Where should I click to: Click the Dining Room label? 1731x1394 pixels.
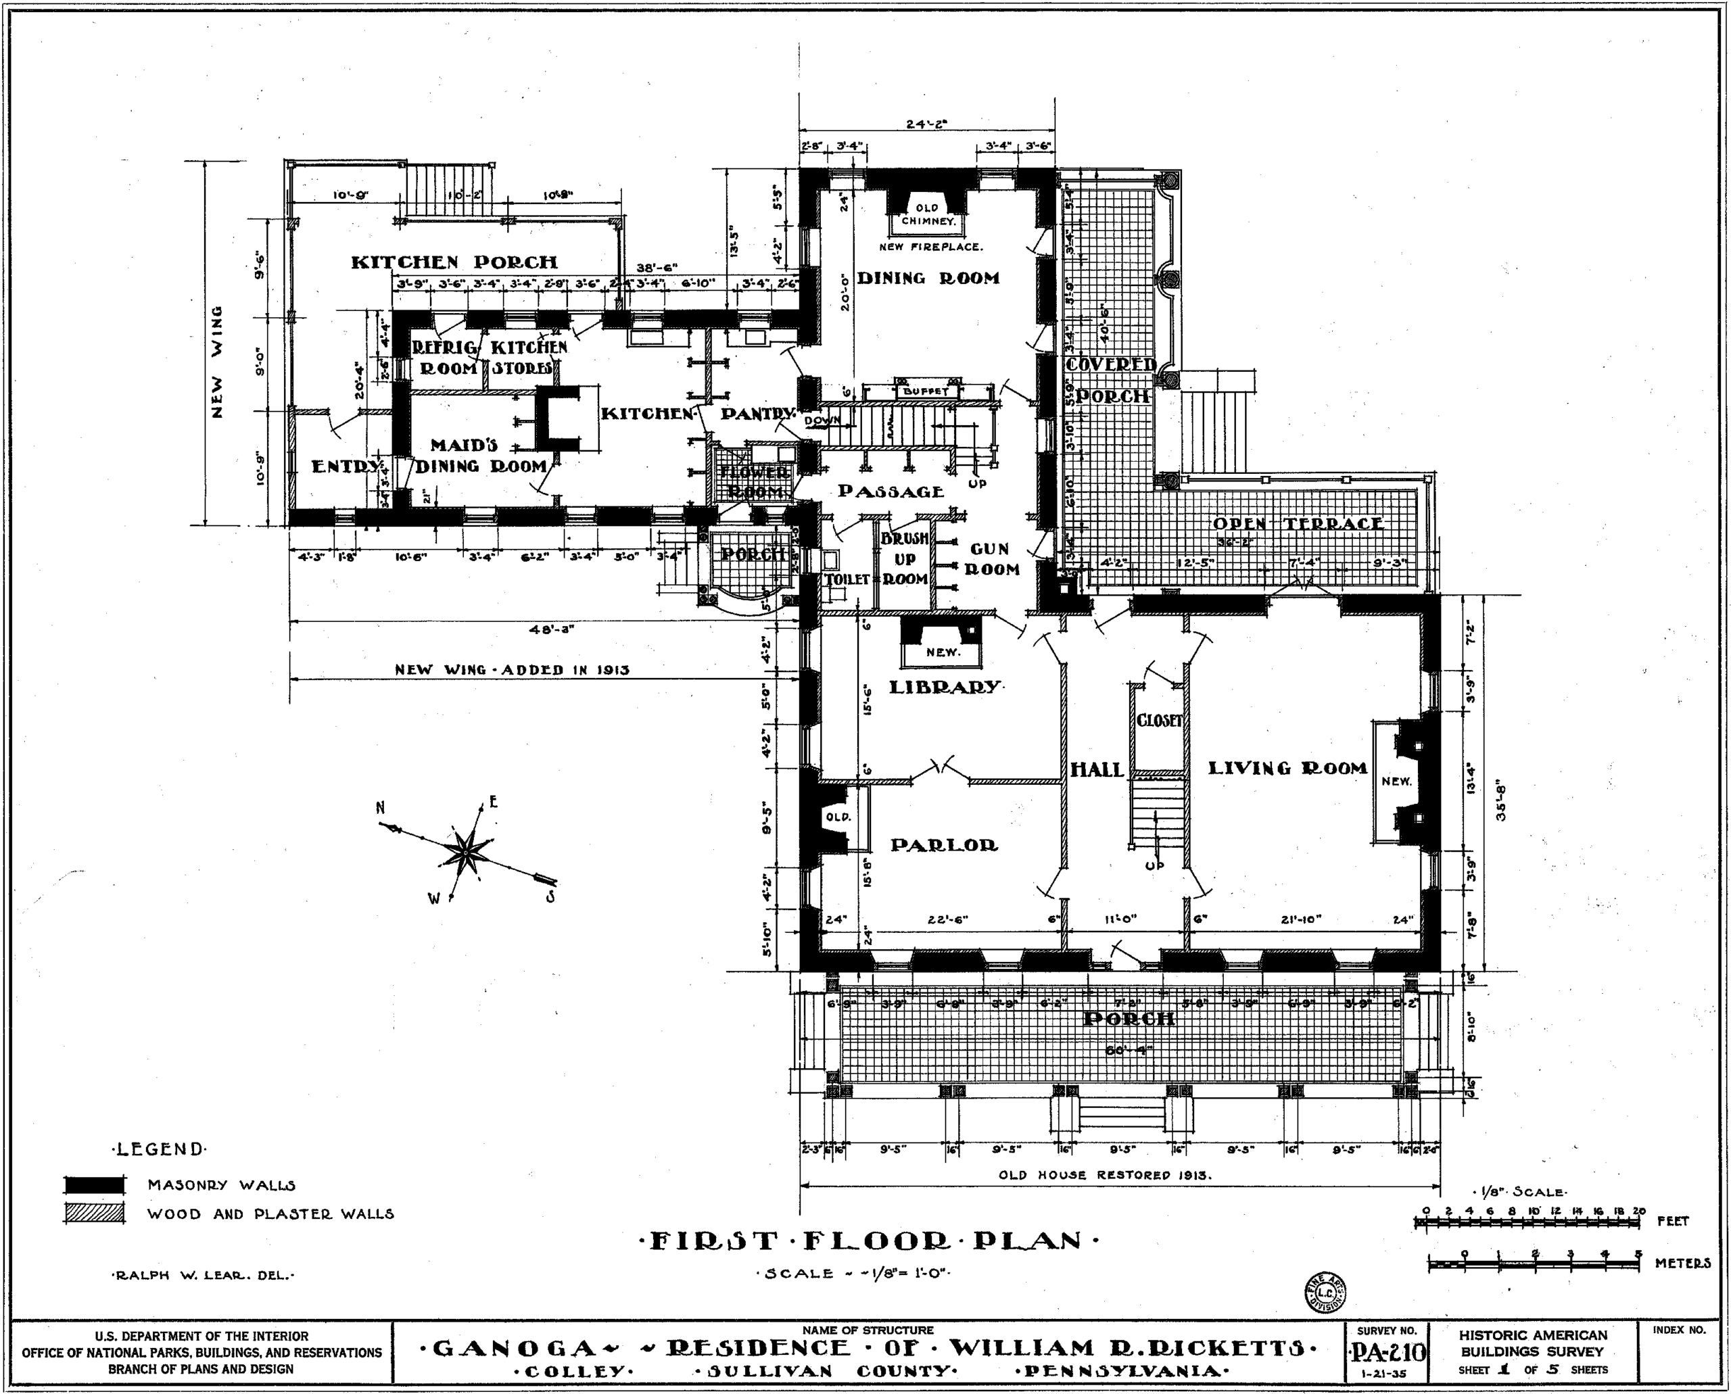[x=928, y=279]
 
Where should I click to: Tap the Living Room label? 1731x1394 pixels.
[x=1287, y=769]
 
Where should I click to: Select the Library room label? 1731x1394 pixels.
[x=945, y=688]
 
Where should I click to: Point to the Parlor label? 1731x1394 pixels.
[x=944, y=845]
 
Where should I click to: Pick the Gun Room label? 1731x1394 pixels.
[x=991, y=559]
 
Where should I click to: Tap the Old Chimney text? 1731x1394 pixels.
[x=927, y=214]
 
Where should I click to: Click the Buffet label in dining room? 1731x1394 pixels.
[x=926, y=391]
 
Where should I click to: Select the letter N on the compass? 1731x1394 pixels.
[x=381, y=808]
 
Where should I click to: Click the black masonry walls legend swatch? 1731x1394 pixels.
[x=94, y=1184]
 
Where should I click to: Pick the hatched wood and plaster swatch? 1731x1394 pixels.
[x=94, y=1213]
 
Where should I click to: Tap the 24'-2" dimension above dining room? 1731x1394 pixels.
[x=927, y=124]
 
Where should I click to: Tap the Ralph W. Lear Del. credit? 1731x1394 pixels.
[x=204, y=1274]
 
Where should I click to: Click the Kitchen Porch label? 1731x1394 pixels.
[x=454, y=262]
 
